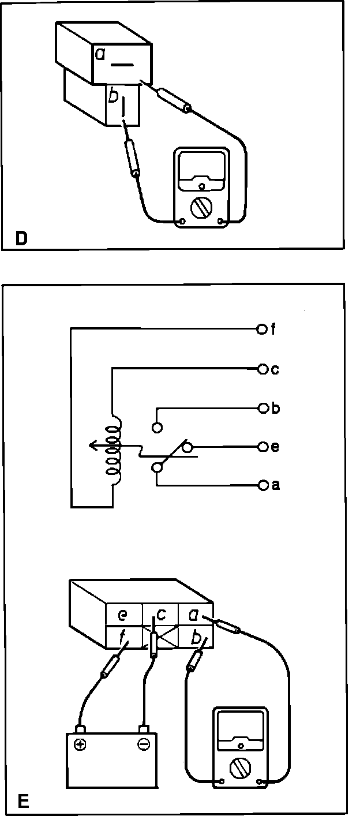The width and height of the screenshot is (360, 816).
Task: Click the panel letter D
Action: click(21, 238)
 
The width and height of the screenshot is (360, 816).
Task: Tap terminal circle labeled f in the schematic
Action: click(261, 330)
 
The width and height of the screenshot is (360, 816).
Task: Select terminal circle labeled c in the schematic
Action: click(262, 368)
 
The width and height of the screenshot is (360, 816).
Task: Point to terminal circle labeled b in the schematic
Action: click(262, 409)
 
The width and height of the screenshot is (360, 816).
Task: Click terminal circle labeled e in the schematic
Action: click(262, 447)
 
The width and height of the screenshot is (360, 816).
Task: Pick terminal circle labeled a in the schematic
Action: click(262, 485)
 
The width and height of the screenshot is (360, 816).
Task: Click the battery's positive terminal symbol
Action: click(80, 744)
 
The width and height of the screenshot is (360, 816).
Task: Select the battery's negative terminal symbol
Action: click(143, 744)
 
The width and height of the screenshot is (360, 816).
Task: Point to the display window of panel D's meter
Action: click(201, 170)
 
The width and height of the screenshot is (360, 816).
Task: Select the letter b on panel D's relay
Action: click(113, 96)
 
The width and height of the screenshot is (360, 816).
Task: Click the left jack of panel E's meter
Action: click(223, 783)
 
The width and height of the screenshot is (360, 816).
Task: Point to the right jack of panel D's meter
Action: click(221, 221)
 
